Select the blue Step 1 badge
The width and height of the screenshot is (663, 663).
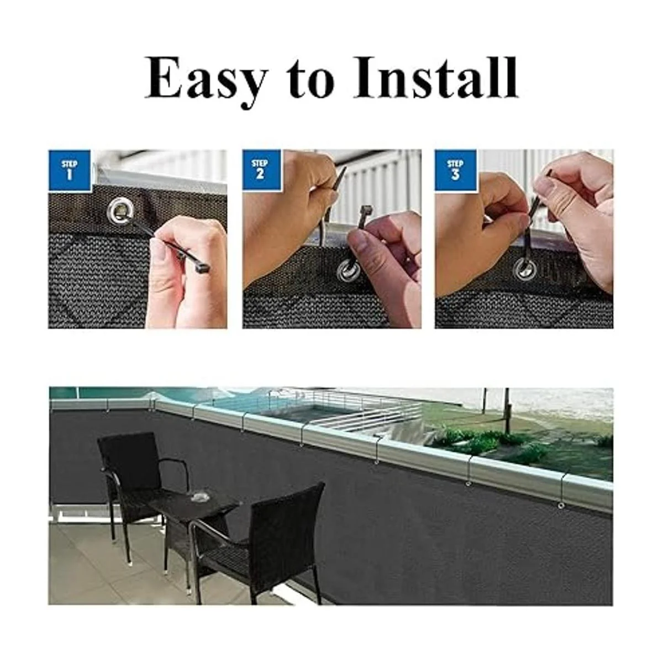click(x=70, y=170)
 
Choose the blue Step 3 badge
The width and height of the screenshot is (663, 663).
click(x=455, y=170)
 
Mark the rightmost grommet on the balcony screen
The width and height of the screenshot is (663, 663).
click(x=561, y=505)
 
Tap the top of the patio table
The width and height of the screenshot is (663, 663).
click(x=193, y=503)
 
